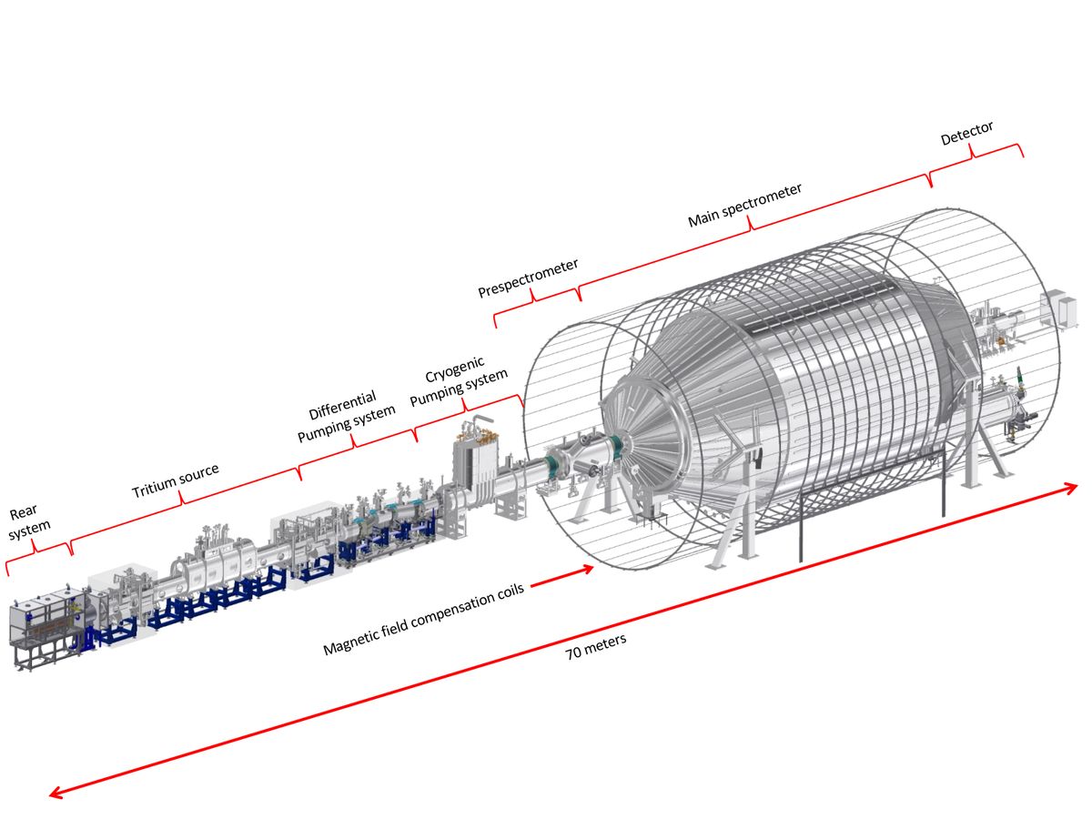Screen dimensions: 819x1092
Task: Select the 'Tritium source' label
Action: point(176,480)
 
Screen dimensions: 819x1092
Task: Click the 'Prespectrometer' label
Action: point(529,278)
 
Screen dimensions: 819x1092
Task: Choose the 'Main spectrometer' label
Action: point(744,207)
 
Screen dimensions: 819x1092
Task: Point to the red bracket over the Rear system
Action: point(37,553)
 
